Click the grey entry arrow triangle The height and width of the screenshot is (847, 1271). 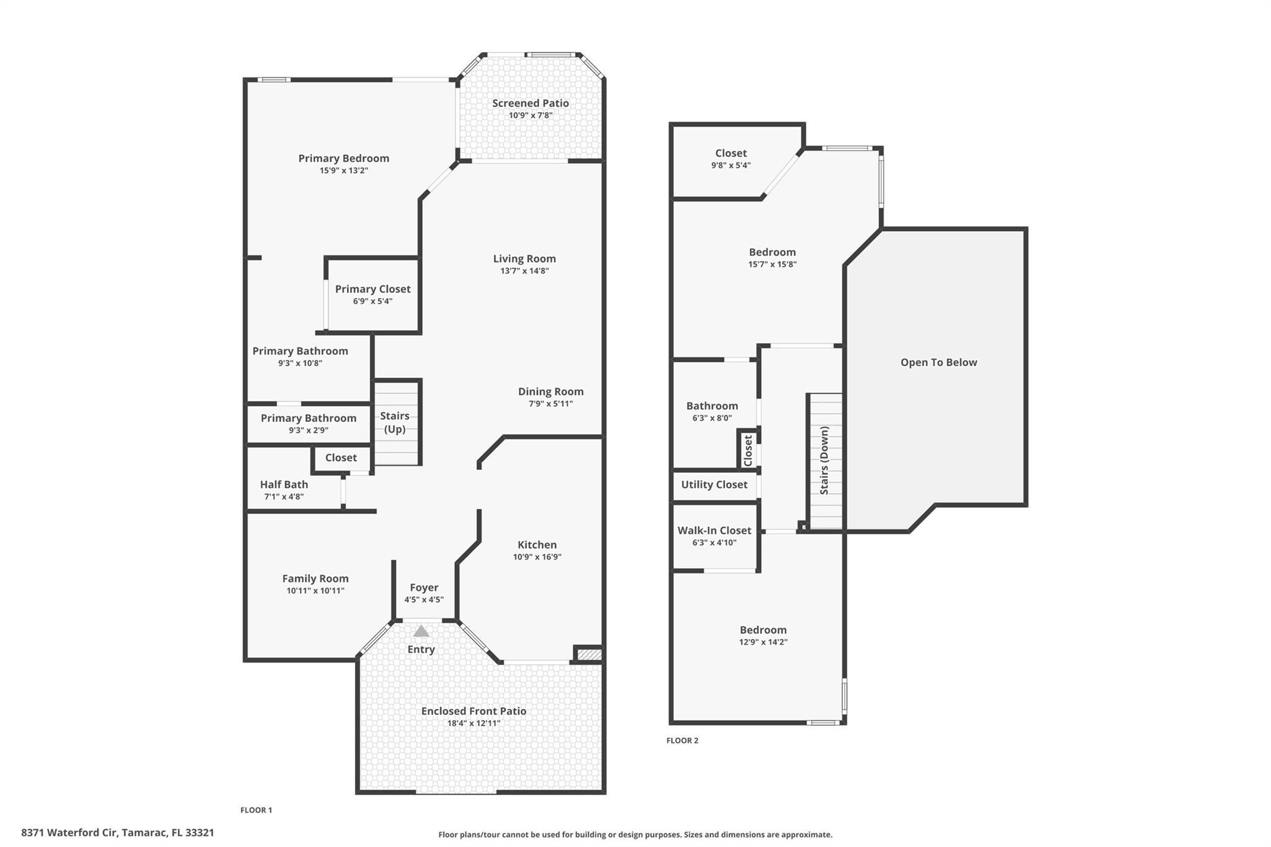(x=421, y=631)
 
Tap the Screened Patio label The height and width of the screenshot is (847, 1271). (x=530, y=103)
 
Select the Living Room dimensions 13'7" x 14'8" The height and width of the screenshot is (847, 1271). (x=524, y=271)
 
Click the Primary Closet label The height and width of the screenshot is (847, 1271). (x=372, y=289)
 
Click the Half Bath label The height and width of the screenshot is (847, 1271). (x=284, y=484)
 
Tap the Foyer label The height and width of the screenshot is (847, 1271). (x=424, y=587)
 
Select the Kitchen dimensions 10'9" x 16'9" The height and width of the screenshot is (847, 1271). (x=537, y=557)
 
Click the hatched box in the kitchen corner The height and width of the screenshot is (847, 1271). (x=589, y=654)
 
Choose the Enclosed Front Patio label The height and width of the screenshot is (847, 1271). (x=474, y=711)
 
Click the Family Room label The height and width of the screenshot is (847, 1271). (x=315, y=578)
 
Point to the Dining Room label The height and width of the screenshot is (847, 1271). (x=550, y=392)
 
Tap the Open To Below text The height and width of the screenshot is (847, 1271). (x=938, y=362)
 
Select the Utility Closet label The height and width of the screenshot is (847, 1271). (x=714, y=485)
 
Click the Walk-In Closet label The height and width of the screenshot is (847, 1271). (x=714, y=531)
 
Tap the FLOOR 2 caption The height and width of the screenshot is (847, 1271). (x=682, y=740)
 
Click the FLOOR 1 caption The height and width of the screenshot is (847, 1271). (x=256, y=810)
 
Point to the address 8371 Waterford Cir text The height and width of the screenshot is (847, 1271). (x=117, y=833)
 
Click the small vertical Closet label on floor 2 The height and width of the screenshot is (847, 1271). (x=748, y=450)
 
